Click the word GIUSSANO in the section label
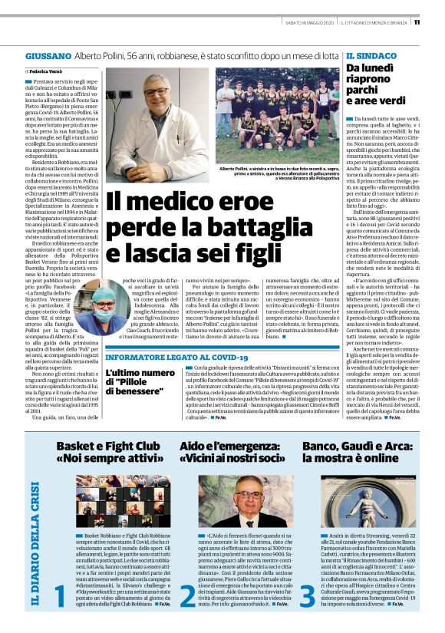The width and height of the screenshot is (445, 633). coord(48,57)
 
